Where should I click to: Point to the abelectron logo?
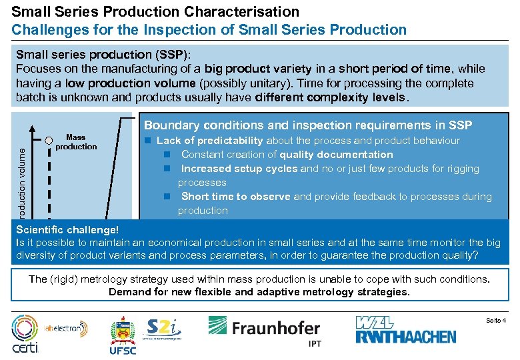pos(66,327)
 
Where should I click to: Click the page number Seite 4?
pos(495,321)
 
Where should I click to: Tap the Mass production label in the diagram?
pos(76,142)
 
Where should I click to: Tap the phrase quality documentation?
pos(336,155)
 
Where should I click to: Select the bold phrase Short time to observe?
pos(236,197)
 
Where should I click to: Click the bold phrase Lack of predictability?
pos(210,141)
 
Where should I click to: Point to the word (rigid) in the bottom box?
pos(66,279)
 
